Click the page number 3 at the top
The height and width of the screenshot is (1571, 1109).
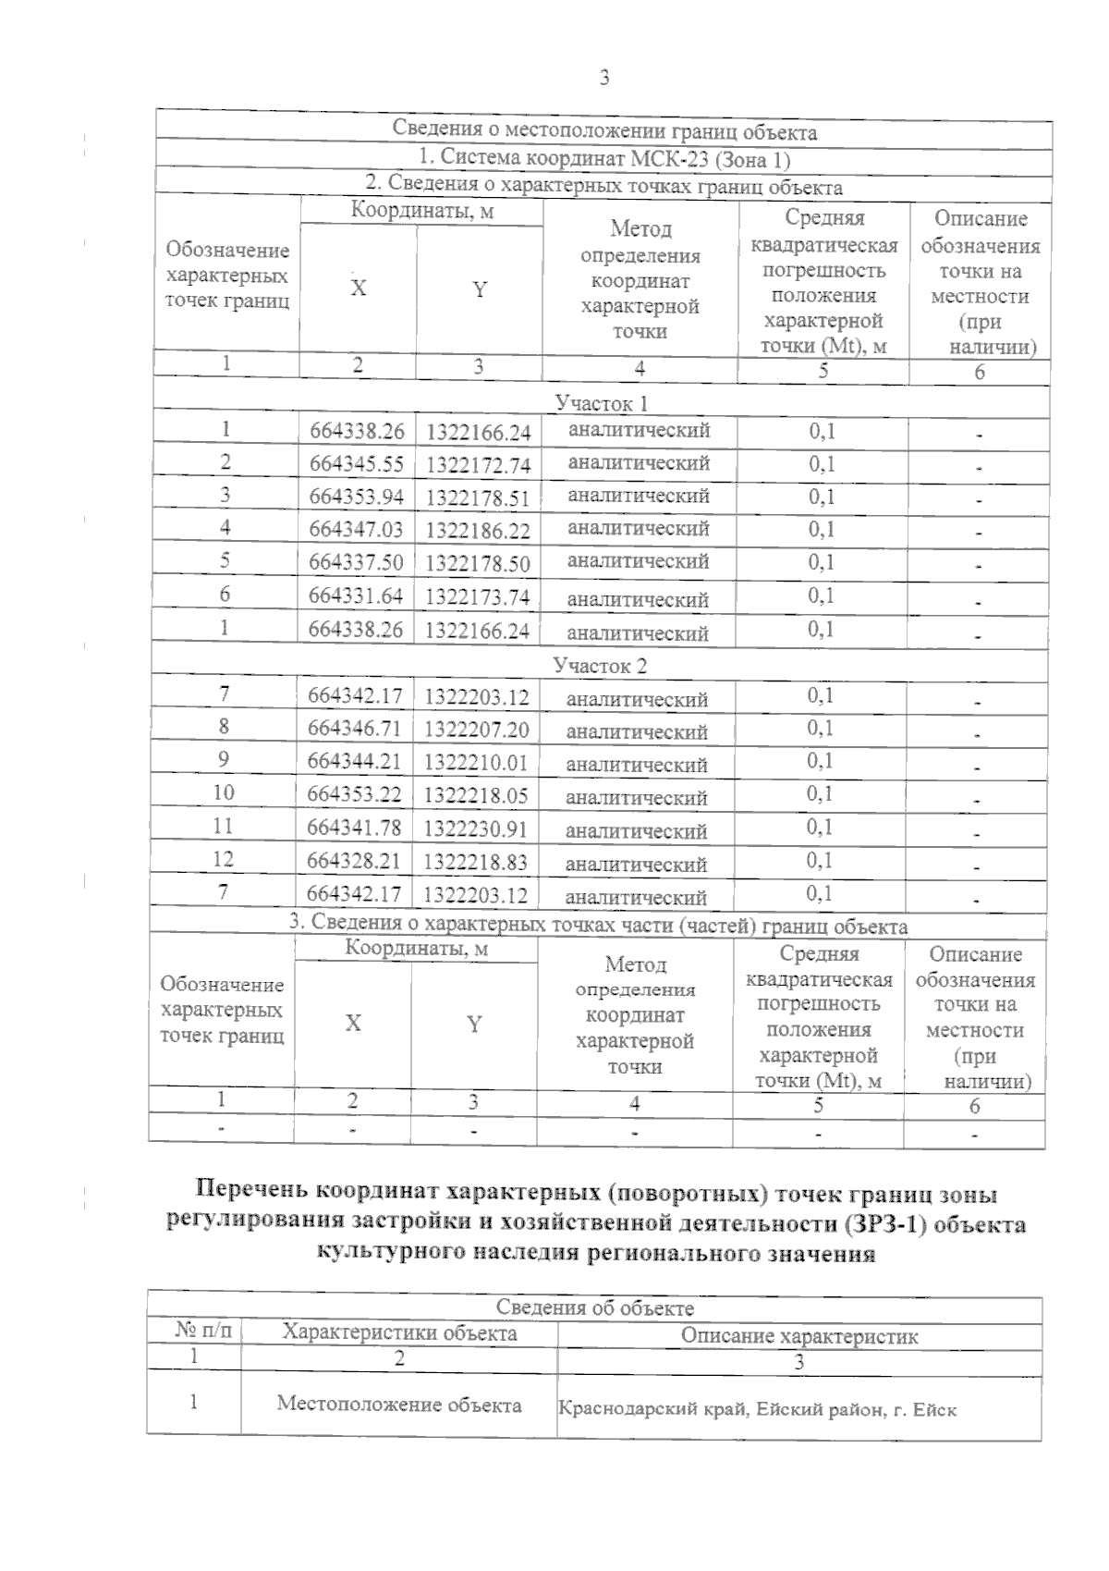click(x=604, y=79)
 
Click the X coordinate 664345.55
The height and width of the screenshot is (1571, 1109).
click(x=356, y=464)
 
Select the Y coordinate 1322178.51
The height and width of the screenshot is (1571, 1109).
click(x=477, y=498)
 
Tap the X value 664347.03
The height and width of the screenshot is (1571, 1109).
click(x=356, y=530)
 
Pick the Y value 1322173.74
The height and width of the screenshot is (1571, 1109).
click(x=477, y=597)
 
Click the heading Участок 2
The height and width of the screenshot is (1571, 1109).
click(x=600, y=666)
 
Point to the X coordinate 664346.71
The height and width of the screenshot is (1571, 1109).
click(x=354, y=728)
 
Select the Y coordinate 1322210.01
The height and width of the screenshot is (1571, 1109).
click(x=476, y=762)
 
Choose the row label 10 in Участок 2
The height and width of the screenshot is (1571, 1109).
click(x=223, y=792)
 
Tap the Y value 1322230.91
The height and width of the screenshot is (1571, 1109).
click(x=476, y=828)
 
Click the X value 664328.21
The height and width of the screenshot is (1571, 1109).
click(x=354, y=861)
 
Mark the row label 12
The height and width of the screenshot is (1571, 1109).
click(x=223, y=859)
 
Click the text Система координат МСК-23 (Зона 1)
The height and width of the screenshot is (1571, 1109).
click(x=604, y=159)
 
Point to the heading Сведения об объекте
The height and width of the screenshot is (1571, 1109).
click(x=594, y=1307)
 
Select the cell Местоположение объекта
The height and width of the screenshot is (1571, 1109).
click(x=398, y=1405)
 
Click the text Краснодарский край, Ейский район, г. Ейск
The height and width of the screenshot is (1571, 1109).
click(x=757, y=1410)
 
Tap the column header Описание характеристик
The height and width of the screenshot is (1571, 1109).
click(x=799, y=1336)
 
